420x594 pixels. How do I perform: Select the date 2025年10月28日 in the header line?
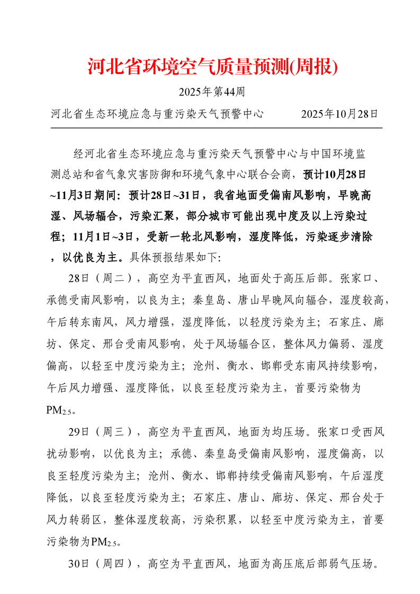coord(339,114)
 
